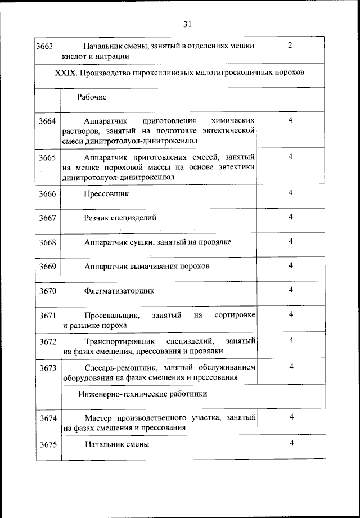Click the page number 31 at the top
pyautogui.click(x=187, y=24)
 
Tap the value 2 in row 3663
pyautogui.click(x=290, y=45)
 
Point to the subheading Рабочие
pyautogui.click(x=92, y=97)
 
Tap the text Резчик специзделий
pyautogui.click(x=120, y=218)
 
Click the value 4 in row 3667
pyautogui.click(x=291, y=217)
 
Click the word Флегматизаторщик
pyautogui.click(x=119, y=291)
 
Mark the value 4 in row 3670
pyautogui.click(x=291, y=290)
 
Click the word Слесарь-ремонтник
pyautogui.click(x=118, y=367)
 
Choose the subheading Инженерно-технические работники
pyautogui.click(x=143, y=394)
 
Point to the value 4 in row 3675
pyautogui.click(x=291, y=443)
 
